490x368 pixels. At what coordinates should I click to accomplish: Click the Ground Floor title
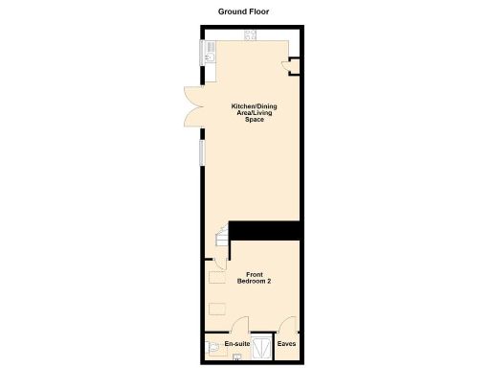[x=244, y=11]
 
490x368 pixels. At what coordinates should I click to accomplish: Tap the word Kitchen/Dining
[x=248, y=106]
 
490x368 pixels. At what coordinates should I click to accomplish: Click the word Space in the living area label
[x=248, y=119]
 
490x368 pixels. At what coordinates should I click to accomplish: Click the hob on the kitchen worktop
[x=251, y=37]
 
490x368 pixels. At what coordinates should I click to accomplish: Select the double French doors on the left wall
[x=192, y=104]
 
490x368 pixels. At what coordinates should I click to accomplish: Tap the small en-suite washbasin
[x=236, y=356]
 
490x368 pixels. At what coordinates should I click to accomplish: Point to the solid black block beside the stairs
[x=264, y=231]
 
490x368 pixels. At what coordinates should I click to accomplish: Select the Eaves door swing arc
[x=287, y=326]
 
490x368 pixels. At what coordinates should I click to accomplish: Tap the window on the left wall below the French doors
[x=200, y=152]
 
